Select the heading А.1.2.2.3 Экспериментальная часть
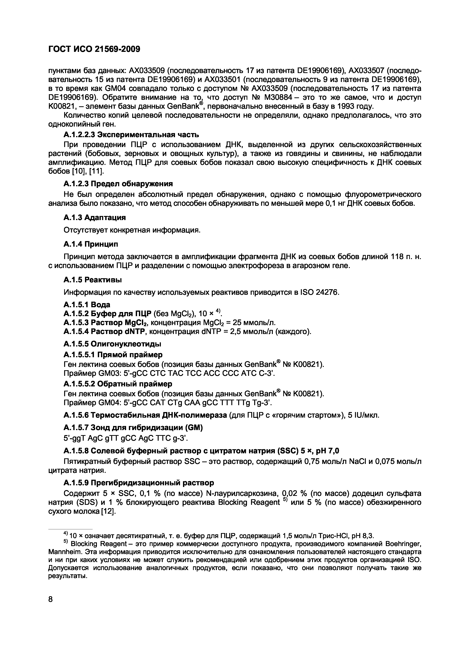tap(131, 134)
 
